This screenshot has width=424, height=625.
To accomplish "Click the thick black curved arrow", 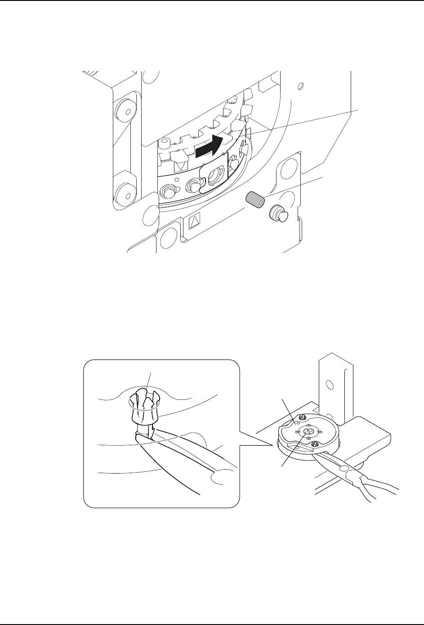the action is click(209, 146).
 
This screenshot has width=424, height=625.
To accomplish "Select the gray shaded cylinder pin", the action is click(254, 199).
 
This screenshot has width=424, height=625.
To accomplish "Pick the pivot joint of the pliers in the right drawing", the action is click(347, 471).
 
